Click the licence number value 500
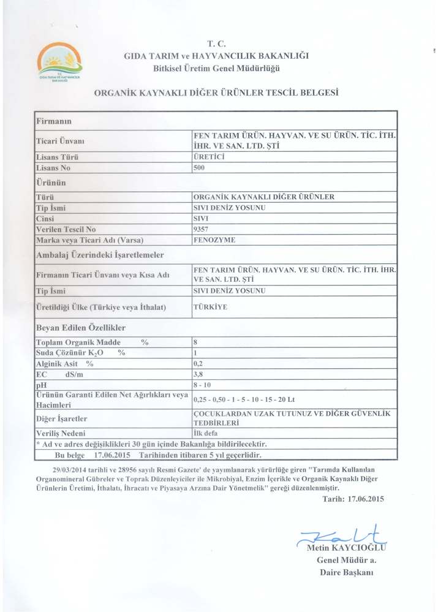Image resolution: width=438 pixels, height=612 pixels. tap(200, 167)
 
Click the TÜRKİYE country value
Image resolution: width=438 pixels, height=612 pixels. tap(210, 307)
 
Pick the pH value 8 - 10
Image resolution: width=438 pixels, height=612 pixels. tap(203, 385)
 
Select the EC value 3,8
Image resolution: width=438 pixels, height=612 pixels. tap(198, 374)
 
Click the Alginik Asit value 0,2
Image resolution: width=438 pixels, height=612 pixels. tap(198, 363)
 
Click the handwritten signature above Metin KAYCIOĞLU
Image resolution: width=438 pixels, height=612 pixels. tap(343, 534)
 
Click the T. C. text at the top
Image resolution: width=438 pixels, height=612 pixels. tap(217, 44)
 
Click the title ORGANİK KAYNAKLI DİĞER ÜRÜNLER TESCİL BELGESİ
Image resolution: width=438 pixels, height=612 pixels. tap(216, 93)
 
